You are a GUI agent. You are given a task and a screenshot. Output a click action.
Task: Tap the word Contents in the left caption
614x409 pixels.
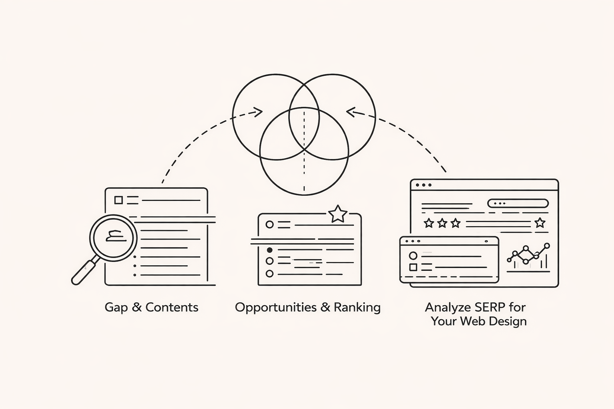coord(172,307)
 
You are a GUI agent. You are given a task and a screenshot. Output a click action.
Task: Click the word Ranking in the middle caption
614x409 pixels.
coord(357,308)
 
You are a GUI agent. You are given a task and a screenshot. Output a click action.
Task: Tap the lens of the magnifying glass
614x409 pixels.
coord(113,238)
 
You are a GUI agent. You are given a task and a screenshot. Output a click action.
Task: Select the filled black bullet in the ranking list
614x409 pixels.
coord(269,250)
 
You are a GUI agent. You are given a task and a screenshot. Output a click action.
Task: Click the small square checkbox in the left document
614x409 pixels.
coord(118,200)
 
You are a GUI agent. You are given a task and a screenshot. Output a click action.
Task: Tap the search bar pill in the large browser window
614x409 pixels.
coord(518,203)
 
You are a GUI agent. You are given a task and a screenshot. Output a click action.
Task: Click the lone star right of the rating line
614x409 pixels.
coord(540,222)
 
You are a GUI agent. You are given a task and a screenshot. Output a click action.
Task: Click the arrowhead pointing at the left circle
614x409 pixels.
coord(259,112)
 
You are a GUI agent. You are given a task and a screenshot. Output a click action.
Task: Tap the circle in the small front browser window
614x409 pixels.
coord(413,256)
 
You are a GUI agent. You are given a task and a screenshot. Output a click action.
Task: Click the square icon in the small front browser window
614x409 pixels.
coord(413,267)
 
